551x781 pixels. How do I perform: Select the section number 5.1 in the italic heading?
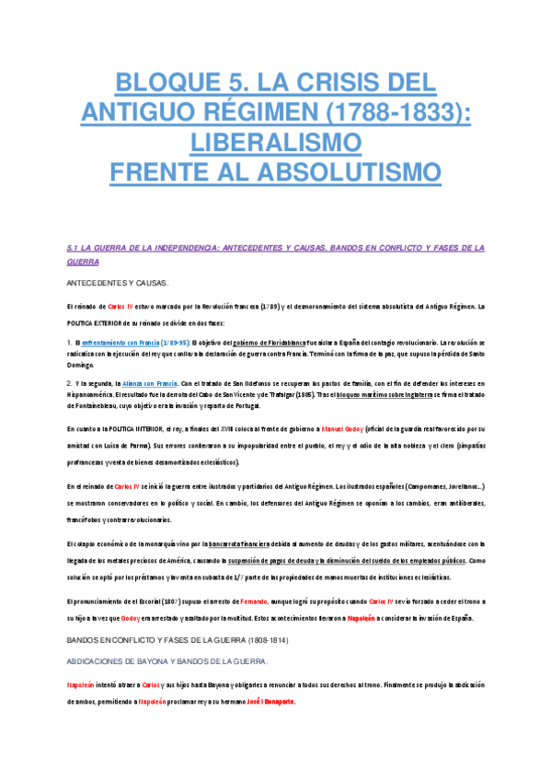75,248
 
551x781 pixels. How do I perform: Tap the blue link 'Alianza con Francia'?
145,382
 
